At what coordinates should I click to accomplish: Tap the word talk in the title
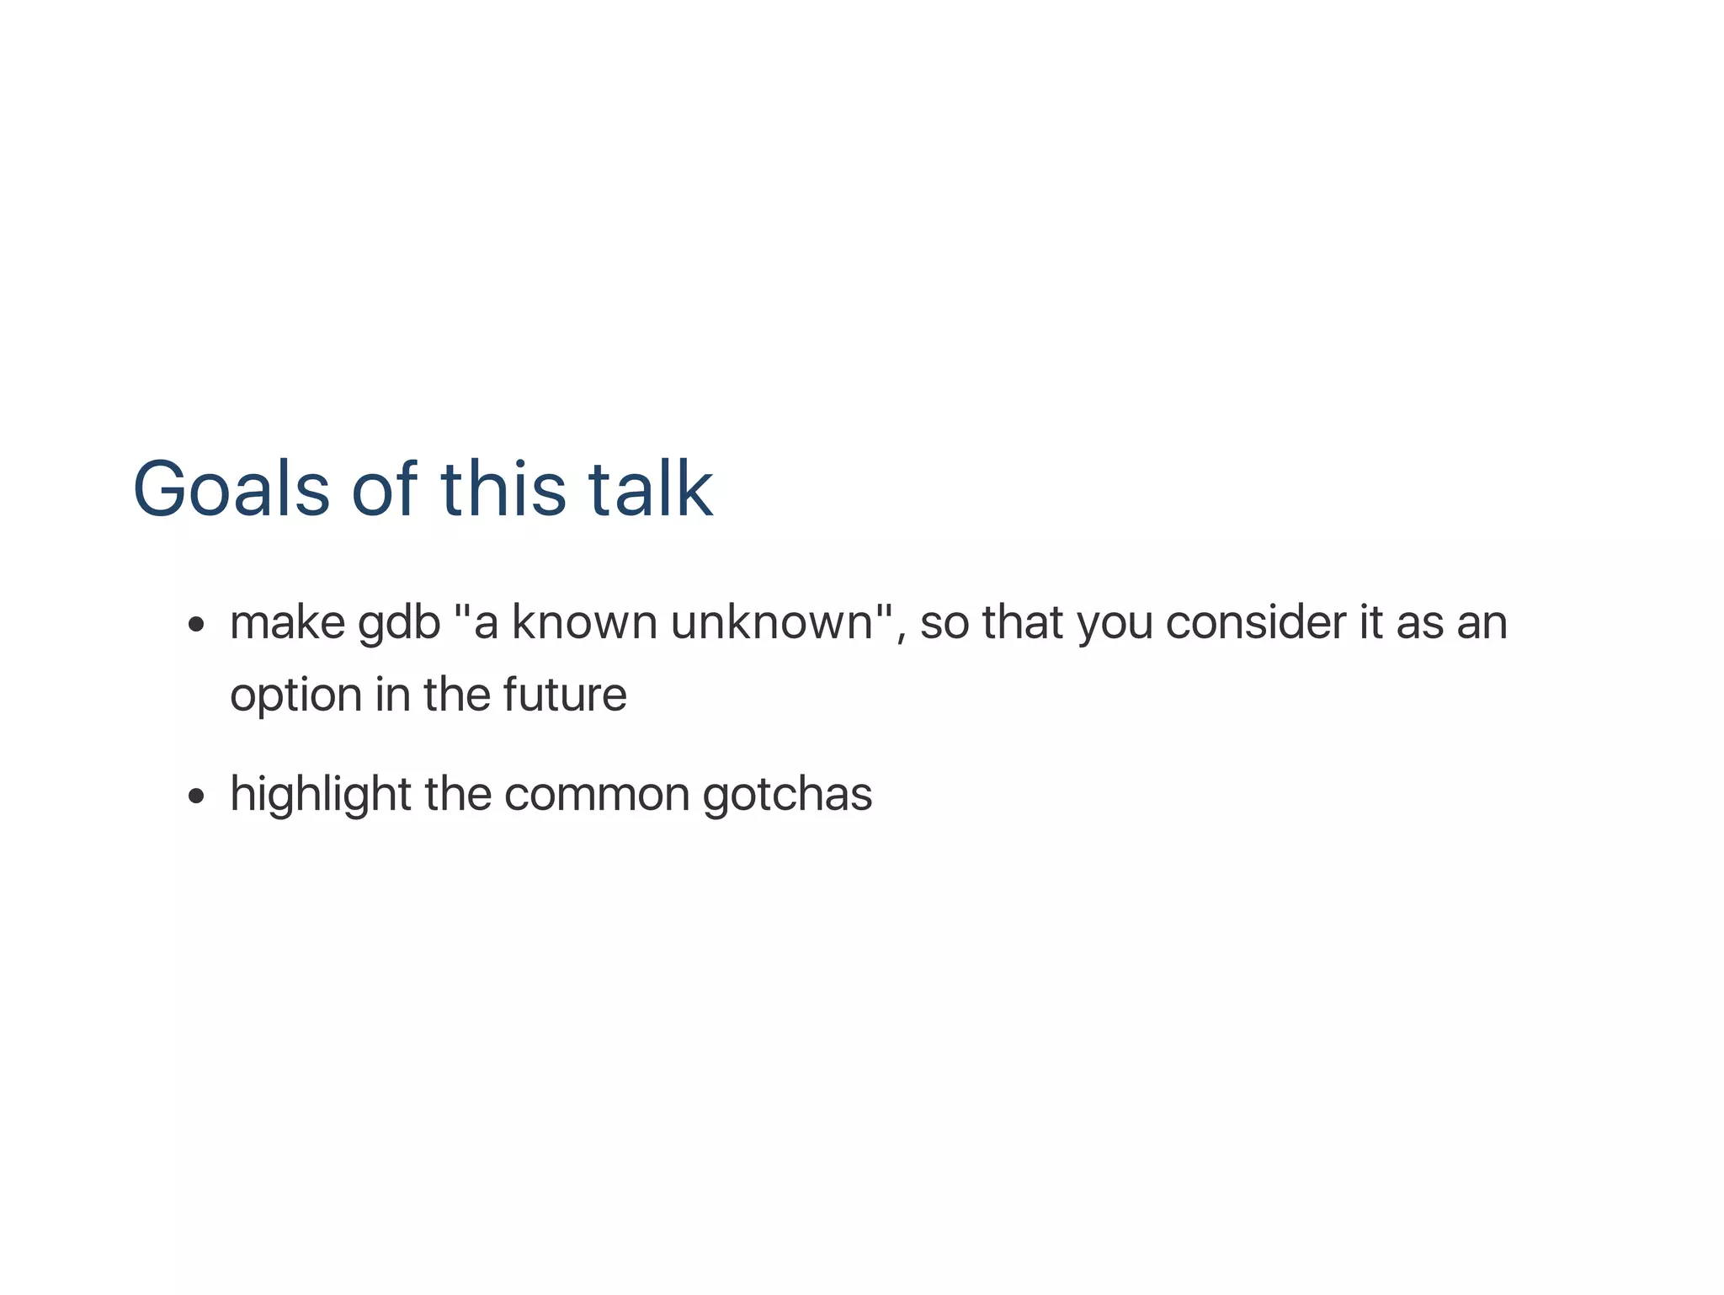[x=650, y=489]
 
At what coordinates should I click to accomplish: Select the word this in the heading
[x=503, y=489]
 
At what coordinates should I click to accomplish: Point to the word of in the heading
[x=383, y=489]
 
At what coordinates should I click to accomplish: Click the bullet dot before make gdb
[x=196, y=625]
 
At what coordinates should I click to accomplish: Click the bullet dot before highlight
[x=196, y=796]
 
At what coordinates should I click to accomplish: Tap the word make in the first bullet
[x=287, y=623]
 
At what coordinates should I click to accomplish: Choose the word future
[x=564, y=695]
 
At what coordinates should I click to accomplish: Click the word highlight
[x=320, y=795]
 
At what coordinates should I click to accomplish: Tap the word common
[x=596, y=795]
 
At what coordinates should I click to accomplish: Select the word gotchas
[x=787, y=795]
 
